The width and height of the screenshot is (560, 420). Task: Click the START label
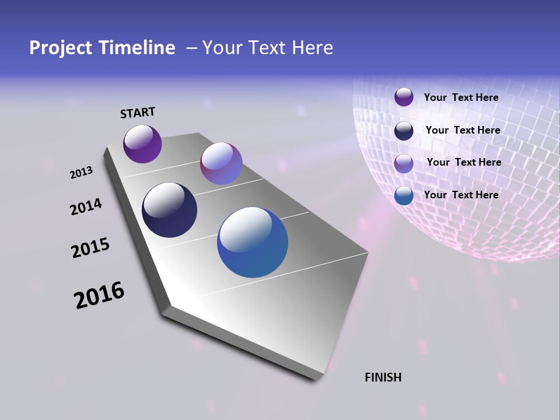[x=138, y=112]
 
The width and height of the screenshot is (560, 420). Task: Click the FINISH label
[x=383, y=377]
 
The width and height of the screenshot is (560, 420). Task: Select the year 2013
[x=81, y=173]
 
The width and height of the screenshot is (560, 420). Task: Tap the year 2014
[x=86, y=206]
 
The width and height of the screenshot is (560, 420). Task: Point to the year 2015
[x=90, y=247]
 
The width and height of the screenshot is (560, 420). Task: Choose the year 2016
[x=99, y=295]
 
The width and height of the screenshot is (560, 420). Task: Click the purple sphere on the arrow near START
[x=142, y=143]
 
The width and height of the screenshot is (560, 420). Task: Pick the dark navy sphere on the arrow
[x=169, y=210]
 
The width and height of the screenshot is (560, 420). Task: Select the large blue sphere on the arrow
[x=253, y=242]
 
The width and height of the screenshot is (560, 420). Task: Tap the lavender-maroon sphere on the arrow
[x=221, y=163]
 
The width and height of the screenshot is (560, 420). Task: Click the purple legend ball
[x=404, y=97]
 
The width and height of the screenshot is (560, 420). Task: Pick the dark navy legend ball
[x=404, y=131]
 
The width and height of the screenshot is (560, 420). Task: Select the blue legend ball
[x=404, y=195]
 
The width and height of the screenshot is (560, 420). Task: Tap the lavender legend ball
[x=404, y=163]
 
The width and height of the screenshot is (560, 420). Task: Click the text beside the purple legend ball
[x=461, y=97]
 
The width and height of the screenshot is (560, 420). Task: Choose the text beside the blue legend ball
[x=461, y=195]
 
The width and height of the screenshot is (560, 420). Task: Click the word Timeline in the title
[x=138, y=48]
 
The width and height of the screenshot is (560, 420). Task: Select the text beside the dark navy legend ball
[x=463, y=130]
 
